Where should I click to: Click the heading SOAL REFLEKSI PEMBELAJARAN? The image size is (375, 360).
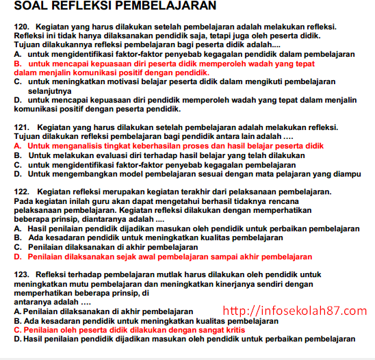pyautogui.click(x=114, y=7)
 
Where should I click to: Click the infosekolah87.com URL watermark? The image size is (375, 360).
pyautogui.click(x=295, y=311)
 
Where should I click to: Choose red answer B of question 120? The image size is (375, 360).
pyautogui.click(x=164, y=67)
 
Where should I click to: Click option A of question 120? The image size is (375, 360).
pyautogui.click(x=185, y=53)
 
